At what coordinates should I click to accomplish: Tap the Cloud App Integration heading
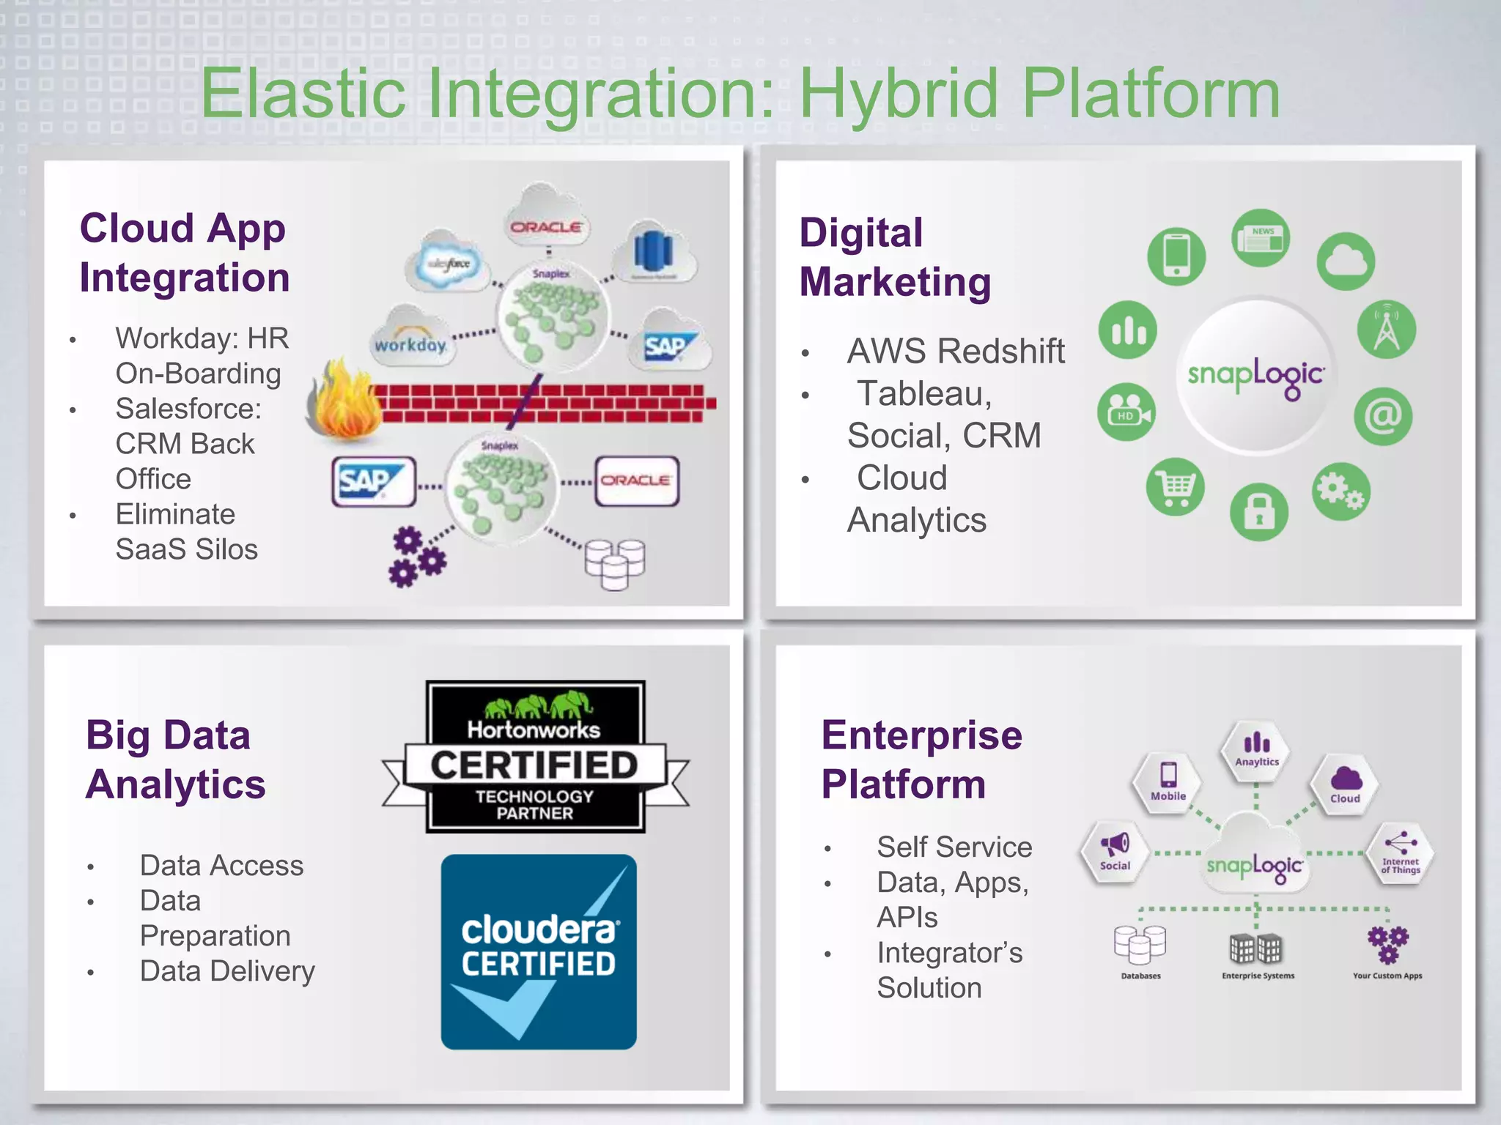184,253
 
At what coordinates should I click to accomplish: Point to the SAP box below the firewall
373,482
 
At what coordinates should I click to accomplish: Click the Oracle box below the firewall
636,481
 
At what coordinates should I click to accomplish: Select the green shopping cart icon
1176,487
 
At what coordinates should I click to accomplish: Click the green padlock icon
1258,512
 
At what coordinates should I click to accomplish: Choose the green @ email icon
1383,416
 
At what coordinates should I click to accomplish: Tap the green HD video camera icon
1126,412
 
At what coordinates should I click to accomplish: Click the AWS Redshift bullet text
955,351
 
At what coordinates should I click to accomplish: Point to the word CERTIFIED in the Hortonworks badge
534,765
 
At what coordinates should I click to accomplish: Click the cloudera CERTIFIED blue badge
539,951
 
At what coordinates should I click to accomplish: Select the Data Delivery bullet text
227,971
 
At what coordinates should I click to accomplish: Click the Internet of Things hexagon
1401,854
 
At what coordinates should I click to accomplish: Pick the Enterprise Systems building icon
1255,949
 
